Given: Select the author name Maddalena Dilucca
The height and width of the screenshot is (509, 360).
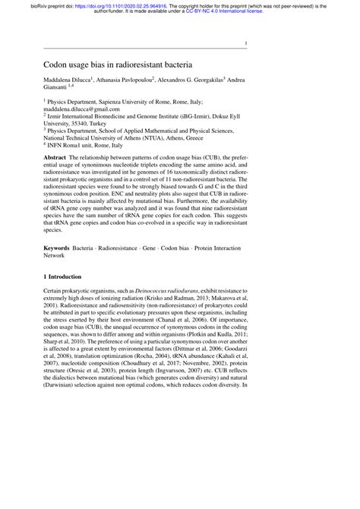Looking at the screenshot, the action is click(x=67, y=79).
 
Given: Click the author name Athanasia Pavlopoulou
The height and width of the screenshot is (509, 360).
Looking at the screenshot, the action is click(x=124, y=79).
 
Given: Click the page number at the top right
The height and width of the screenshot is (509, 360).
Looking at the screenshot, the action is click(x=245, y=44).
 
